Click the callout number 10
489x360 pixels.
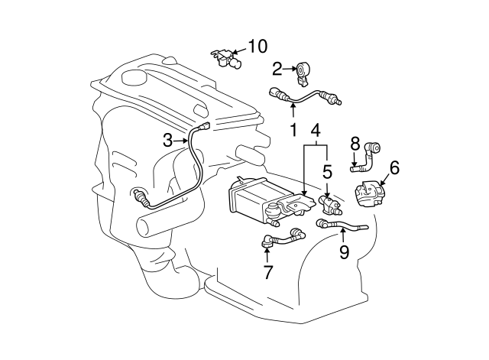coord(257,46)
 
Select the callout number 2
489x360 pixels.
coord(277,70)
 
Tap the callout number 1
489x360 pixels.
coord(292,130)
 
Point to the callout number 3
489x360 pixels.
coord(168,140)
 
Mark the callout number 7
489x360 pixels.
coord(267,271)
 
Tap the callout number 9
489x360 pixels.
coord(344,252)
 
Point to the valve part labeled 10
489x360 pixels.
coord(224,57)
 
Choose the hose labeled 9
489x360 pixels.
coord(342,225)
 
